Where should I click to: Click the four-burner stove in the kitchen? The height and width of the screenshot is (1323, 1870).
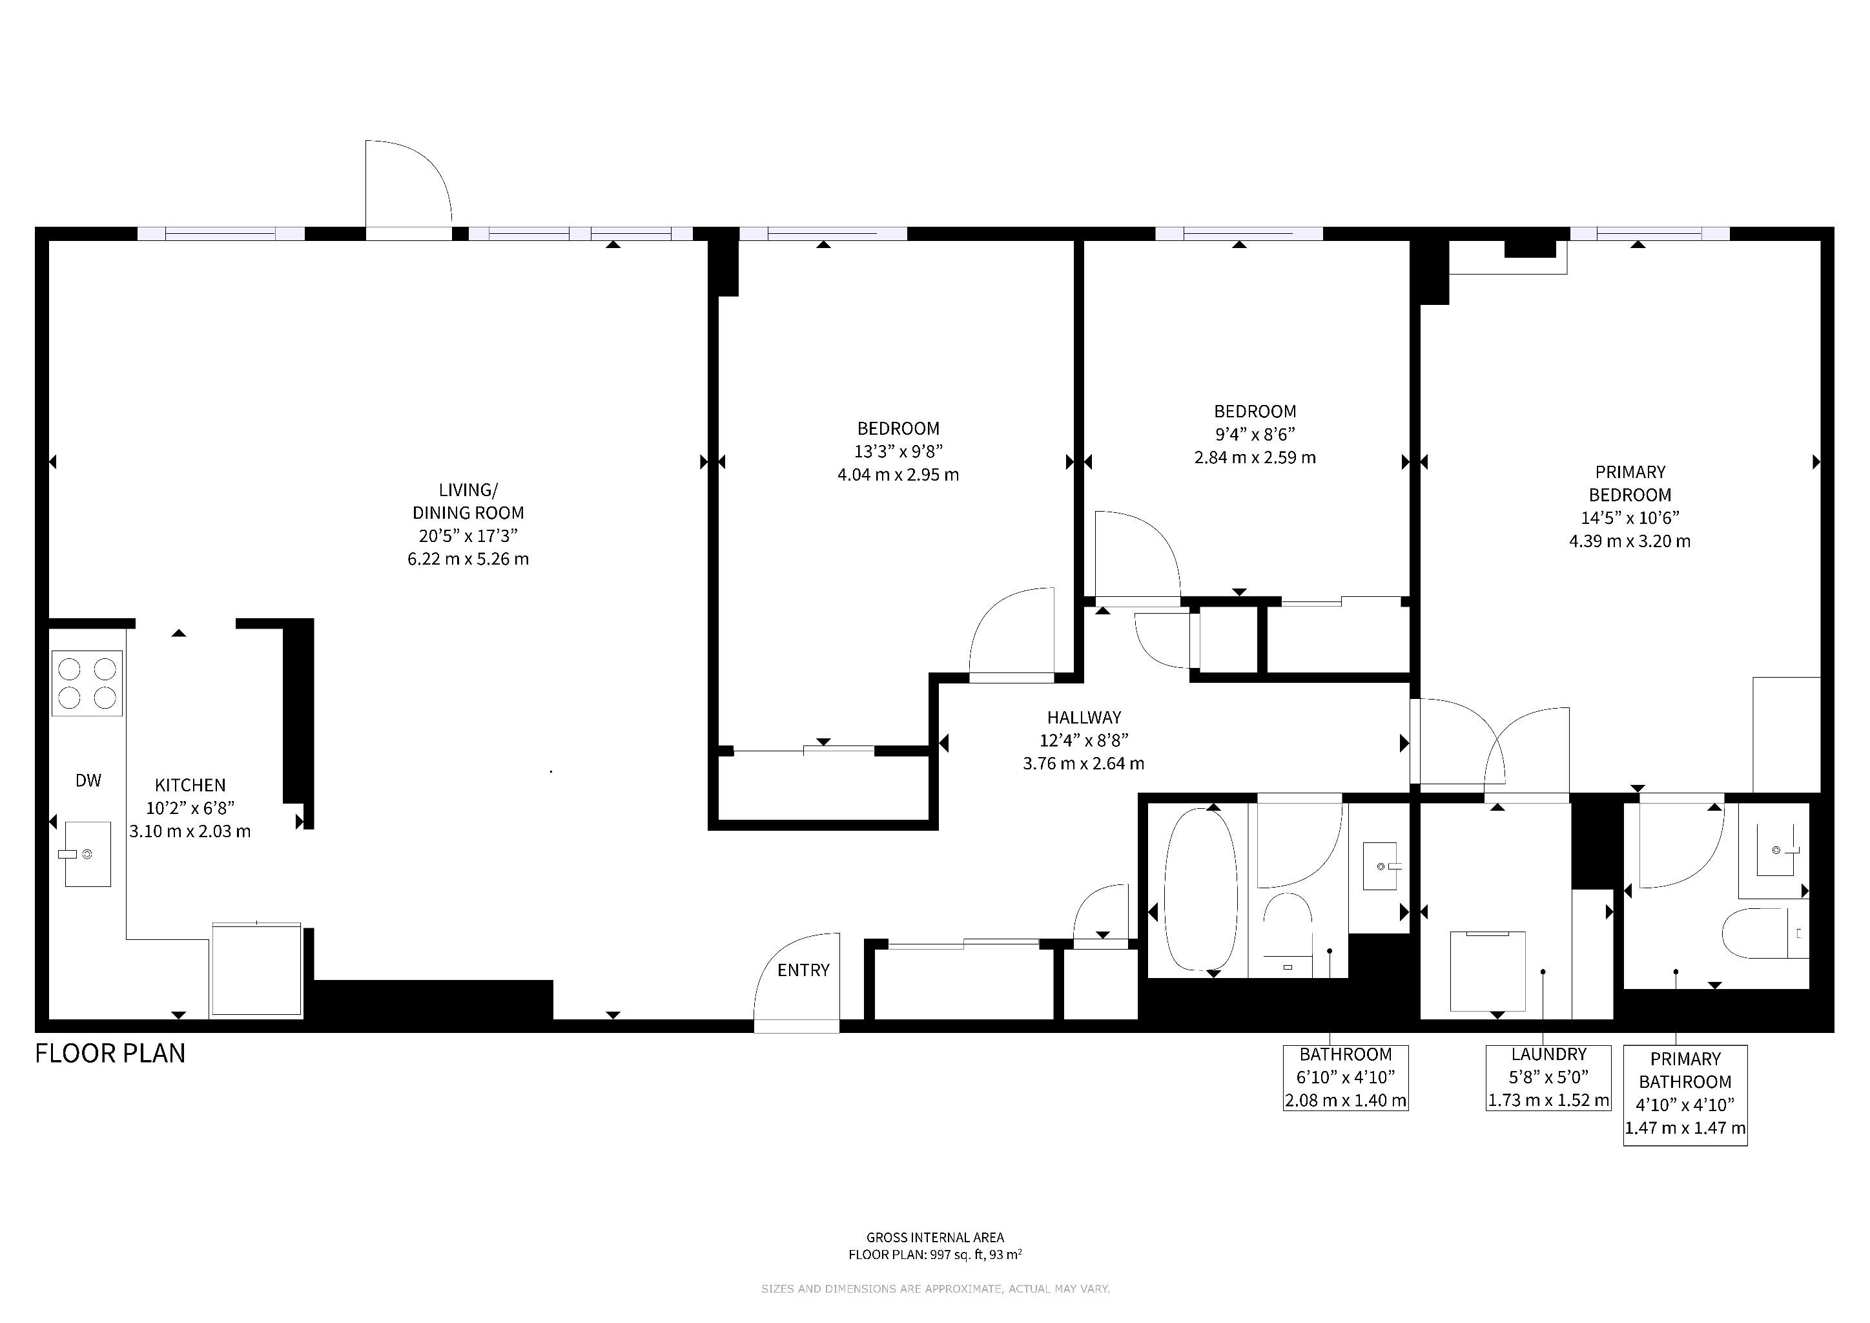click(87, 683)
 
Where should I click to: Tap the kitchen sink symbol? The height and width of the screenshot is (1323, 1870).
click(88, 854)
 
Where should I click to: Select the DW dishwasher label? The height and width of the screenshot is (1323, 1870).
click(88, 780)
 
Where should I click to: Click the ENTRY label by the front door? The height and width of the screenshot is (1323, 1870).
click(803, 970)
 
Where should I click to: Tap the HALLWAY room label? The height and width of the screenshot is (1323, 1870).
click(1084, 718)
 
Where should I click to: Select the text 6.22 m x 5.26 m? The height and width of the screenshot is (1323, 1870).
click(468, 559)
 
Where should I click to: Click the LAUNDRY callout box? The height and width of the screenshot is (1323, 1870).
click(1548, 1078)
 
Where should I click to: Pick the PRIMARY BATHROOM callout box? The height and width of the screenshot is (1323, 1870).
click(1685, 1095)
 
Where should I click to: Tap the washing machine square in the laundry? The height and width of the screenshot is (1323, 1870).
click(1488, 970)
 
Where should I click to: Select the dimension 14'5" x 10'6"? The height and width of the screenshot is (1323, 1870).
click(1630, 518)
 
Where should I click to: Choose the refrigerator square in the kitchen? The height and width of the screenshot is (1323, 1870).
click(256, 970)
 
